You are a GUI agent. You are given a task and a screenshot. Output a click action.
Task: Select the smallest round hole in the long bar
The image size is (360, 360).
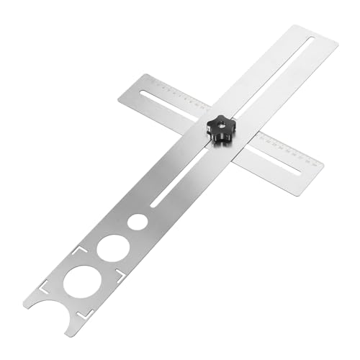coord(138,222)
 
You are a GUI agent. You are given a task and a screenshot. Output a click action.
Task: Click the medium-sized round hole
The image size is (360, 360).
coord(113,248)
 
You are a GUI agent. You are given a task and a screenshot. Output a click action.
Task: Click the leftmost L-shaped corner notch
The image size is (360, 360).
coord(45,284)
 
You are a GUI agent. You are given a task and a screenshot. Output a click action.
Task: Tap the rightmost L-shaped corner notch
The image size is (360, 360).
coord(121,275)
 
